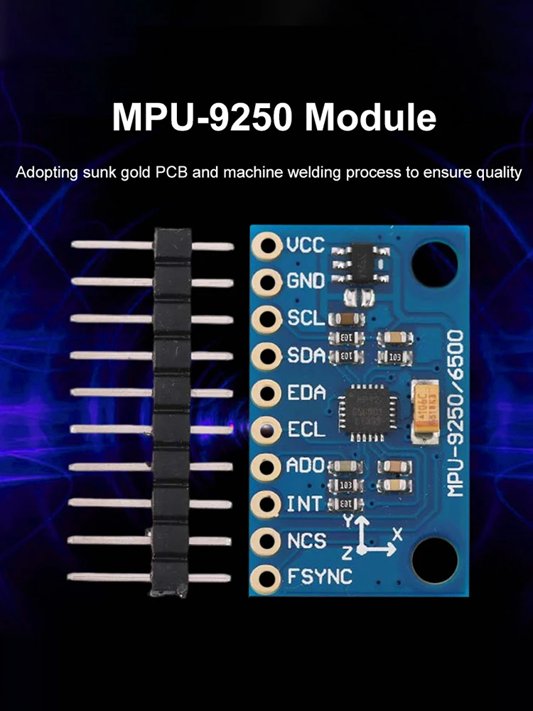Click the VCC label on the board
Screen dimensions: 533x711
coord(306,246)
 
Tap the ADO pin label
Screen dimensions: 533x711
coord(306,466)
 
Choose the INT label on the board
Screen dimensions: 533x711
coord(304,504)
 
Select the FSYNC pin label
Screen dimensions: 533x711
coord(319,577)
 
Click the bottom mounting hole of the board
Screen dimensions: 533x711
coord(435,558)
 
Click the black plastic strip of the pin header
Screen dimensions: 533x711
coord(172,412)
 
